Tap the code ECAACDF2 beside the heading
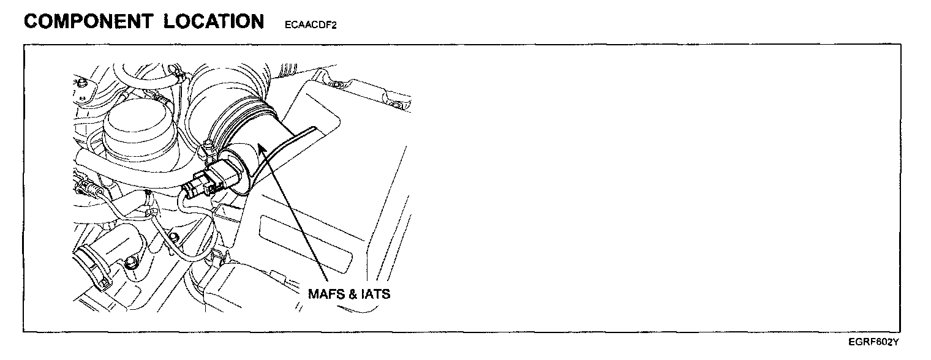click(311, 26)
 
